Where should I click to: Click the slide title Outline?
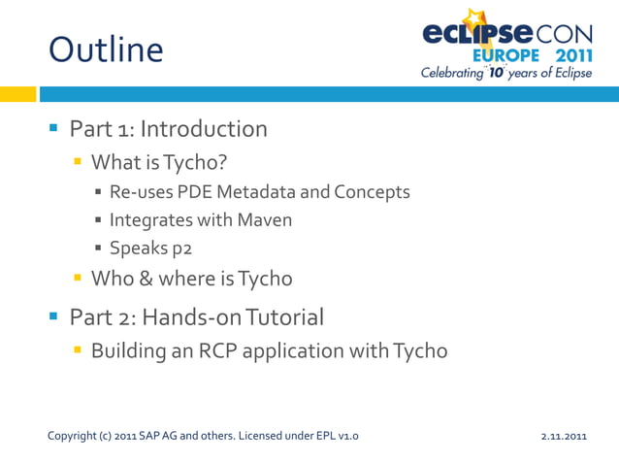pos(106,48)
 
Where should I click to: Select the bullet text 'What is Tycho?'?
pos(158,161)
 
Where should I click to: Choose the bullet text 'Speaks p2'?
pos(151,249)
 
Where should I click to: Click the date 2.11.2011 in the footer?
pos(563,436)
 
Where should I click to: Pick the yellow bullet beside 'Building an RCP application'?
pos(78,350)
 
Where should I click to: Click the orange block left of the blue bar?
pos(17,94)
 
